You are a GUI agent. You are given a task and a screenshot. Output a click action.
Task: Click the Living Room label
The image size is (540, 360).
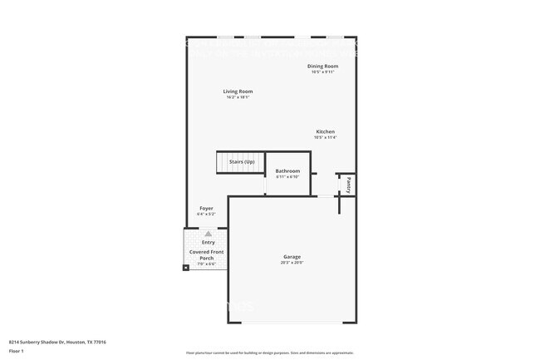coord(238,91)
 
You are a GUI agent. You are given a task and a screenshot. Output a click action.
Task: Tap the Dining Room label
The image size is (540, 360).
coord(323,66)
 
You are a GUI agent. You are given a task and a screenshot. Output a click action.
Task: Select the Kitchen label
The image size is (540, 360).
coord(325,131)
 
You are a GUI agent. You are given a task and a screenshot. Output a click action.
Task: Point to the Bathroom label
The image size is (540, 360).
coord(287,170)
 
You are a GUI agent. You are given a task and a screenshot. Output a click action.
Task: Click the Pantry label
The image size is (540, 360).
coord(350,185)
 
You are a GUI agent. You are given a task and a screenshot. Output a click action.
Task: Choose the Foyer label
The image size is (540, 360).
coord(206,208)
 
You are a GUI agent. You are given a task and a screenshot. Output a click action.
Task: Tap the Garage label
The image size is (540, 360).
coord(292,257)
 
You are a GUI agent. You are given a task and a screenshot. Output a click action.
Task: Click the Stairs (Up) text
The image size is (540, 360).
coord(242,161)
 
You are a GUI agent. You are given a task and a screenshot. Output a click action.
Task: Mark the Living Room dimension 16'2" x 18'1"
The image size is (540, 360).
coord(238,97)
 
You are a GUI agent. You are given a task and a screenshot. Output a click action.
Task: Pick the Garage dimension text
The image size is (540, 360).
coord(292,263)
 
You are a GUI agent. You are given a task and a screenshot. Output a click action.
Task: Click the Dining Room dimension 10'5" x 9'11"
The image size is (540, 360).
coord(323,72)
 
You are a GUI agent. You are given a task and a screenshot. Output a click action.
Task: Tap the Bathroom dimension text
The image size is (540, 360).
coord(287,176)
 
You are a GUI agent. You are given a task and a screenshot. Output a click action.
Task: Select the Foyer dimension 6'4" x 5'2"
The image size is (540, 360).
coord(206,215)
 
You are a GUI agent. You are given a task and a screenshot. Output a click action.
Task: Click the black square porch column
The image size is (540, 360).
coord(186,268)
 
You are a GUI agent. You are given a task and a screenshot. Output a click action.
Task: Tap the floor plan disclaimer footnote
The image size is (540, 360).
coord(269,353)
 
